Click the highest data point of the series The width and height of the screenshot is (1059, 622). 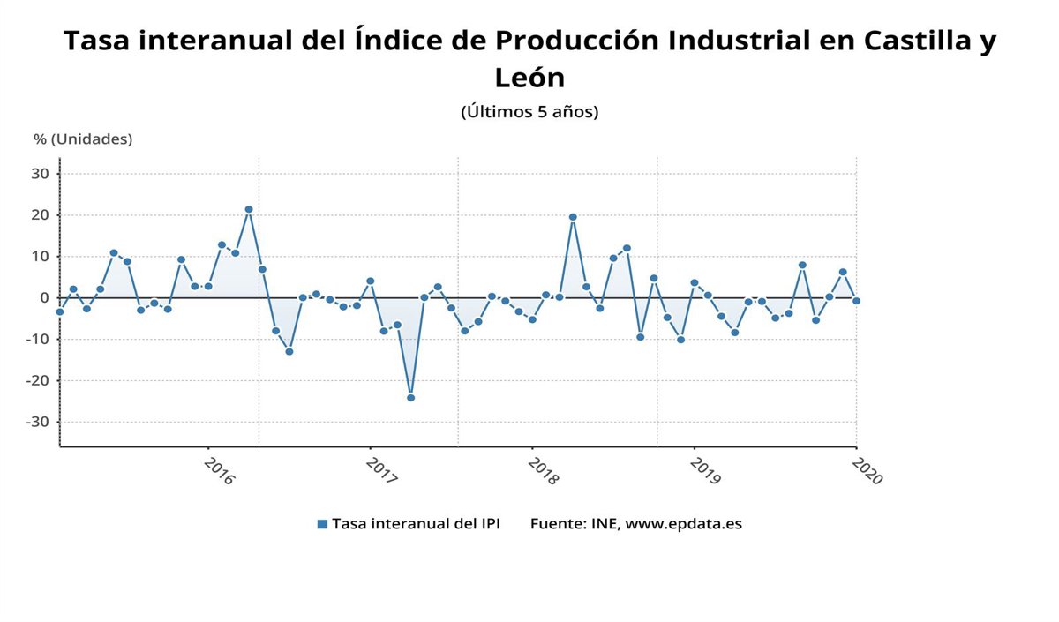point(249,209)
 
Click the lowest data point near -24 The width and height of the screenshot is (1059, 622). point(410,398)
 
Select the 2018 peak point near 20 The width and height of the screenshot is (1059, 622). point(573,217)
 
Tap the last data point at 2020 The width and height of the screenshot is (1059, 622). point(856,301)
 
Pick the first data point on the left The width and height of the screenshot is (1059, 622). point(60,311)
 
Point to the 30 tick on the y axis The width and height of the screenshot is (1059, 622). point(41,174)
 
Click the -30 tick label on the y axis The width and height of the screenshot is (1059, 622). point(38,422)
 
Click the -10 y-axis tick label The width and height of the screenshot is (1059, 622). point(38,340)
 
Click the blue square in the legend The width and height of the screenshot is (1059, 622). point(322,524)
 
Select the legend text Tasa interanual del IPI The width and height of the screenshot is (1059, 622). point(416,524)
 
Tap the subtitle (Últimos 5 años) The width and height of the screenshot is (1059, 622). point(529,112)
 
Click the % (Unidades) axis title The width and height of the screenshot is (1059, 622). point(83,139)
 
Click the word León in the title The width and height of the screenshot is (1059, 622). point(529,78)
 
